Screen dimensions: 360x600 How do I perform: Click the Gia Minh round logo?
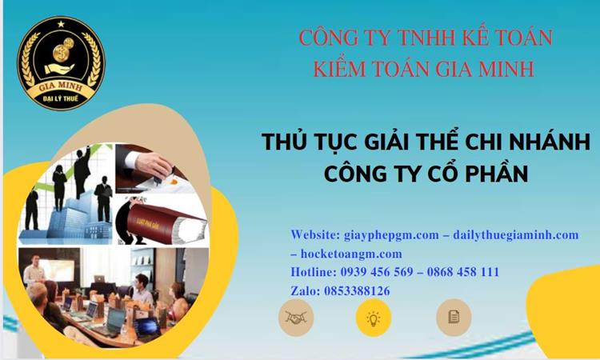tap(62, 62)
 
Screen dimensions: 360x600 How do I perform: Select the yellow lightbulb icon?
tap(373, 317)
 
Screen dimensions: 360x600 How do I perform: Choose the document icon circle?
tap(454, 317)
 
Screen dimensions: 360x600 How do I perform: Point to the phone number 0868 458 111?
tap(464, 272)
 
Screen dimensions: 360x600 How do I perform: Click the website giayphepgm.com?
tap(382, 234)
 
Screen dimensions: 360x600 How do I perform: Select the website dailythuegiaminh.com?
tap(514, 234)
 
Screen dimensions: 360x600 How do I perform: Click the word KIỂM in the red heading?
tap(331, 69)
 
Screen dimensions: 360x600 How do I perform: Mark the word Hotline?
tap(312, 272)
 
